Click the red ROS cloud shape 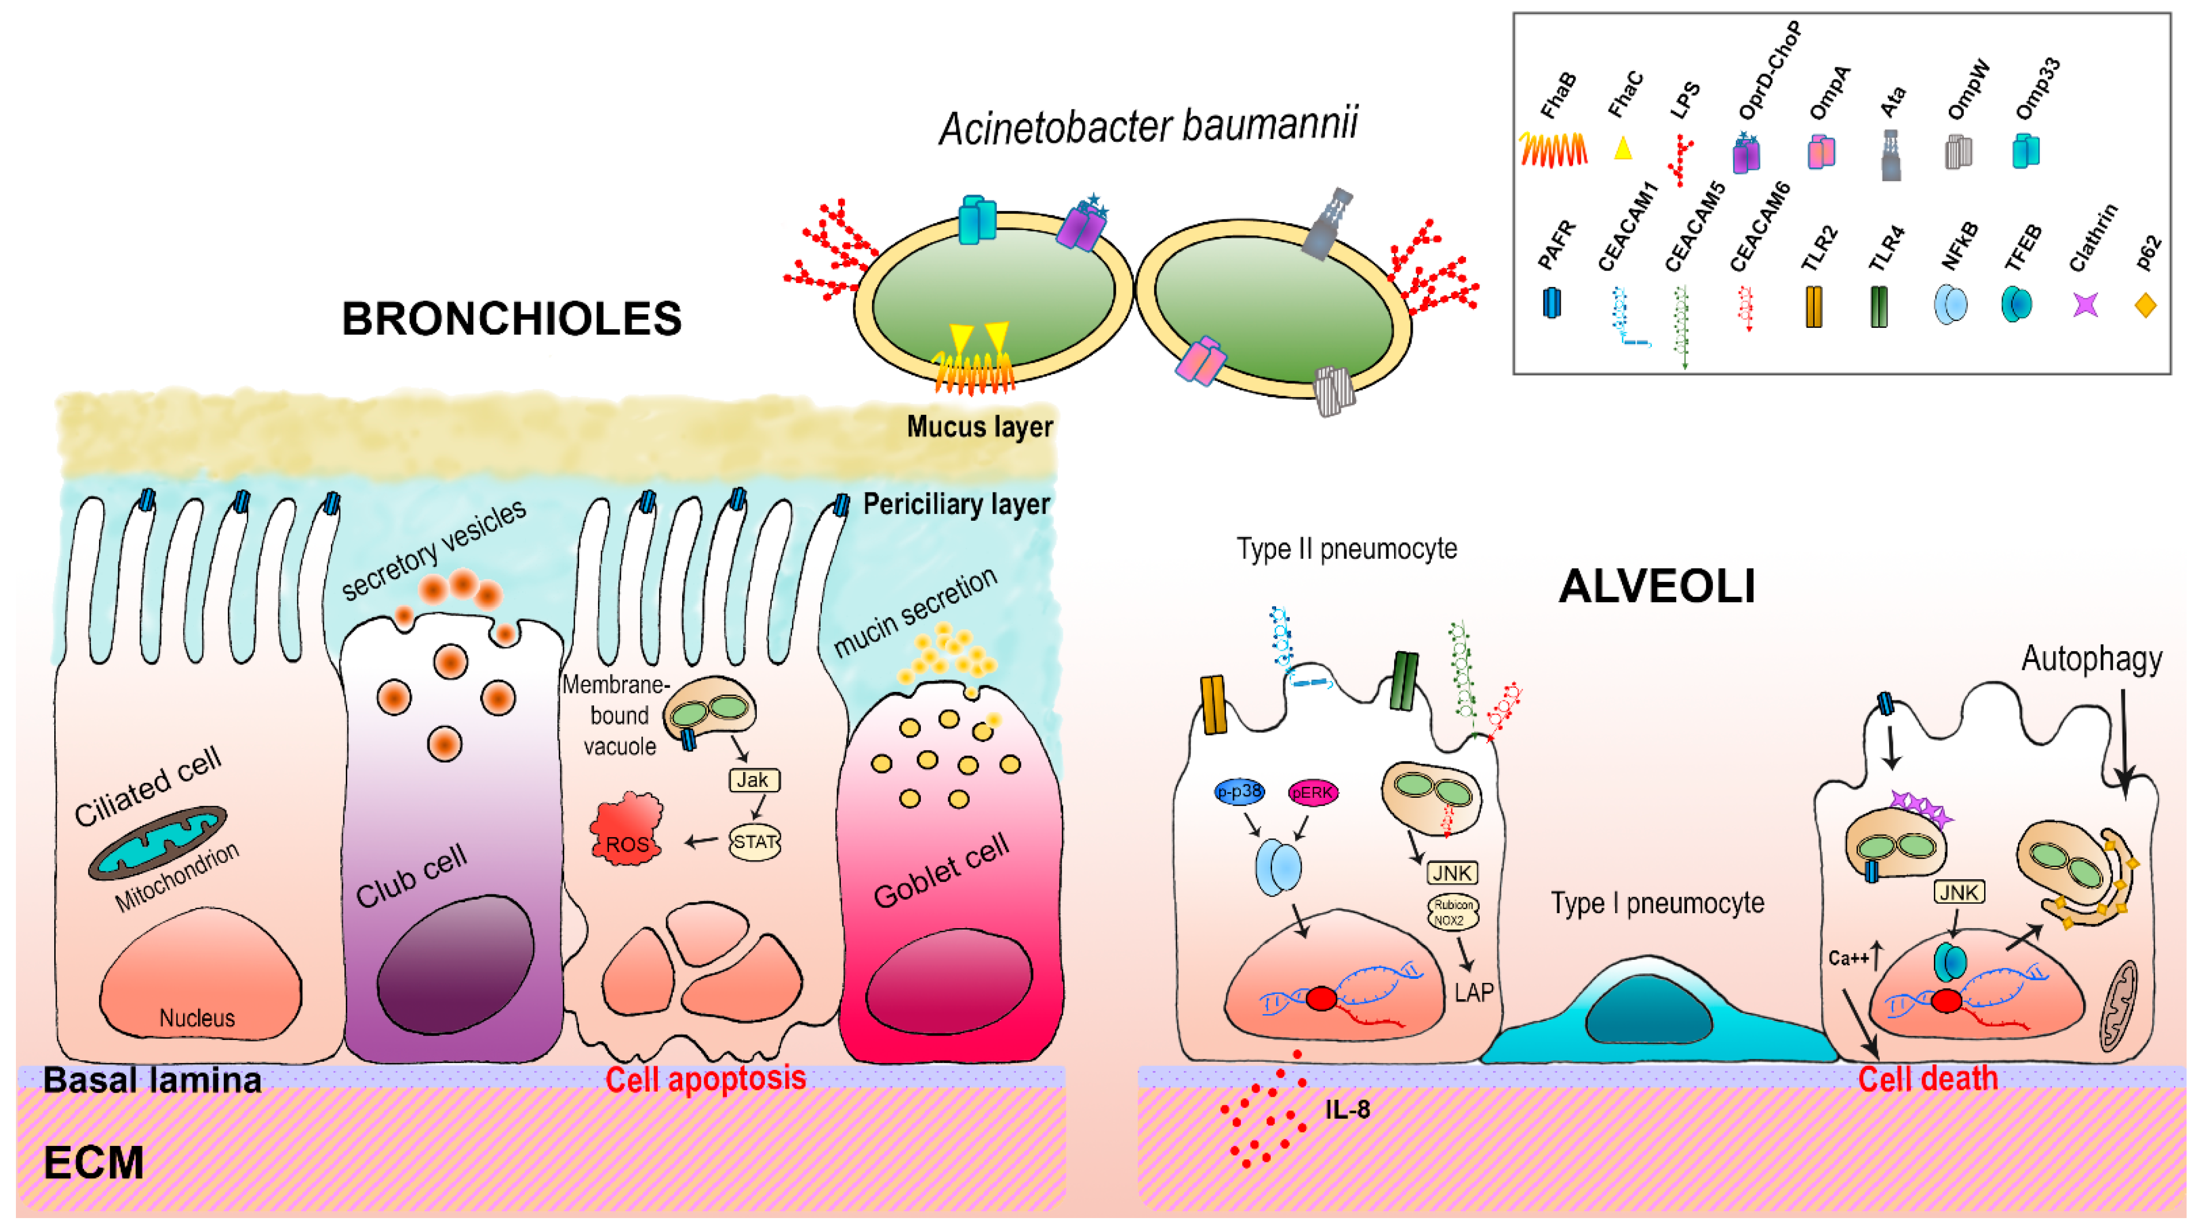[x=626, y=831]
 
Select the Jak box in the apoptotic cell [x=753, y=780]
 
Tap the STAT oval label [x=755, y=842]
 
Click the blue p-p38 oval [x=1239, y=791]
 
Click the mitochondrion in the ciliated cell [x=158, y=843]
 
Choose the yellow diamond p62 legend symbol [x=2145, y=305]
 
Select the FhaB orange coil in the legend [x=1554, y=150]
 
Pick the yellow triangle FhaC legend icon [x=1622, y=149]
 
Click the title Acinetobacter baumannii [x=1148, y=127]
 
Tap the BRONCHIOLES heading [x=511, y=319]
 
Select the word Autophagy [x=2091, y=659]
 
